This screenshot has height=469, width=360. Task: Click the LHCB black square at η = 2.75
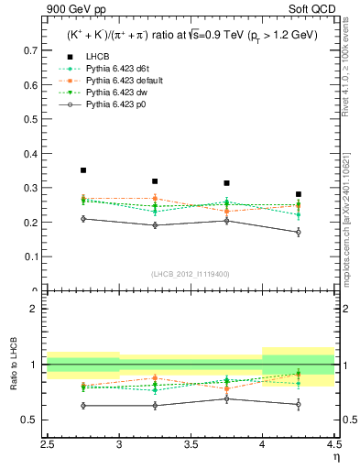pyautogui.click(x=83, y=170)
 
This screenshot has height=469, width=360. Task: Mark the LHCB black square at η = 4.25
pyautogui.click(x=299, y=194)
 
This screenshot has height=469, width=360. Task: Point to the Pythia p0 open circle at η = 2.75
pyautogui.click(x=83, y=219)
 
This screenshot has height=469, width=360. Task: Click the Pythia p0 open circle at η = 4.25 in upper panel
pyautogui.click(x=299, y=233)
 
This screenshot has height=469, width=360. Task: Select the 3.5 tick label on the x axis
pyautogui.click(x=191, y=445)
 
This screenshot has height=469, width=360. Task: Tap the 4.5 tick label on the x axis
pyautogui.click(x=333, y=445)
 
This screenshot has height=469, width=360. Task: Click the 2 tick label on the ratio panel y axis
pyautogui.click(x=37, y=309)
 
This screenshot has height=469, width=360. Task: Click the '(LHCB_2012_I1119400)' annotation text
pyautogui.click(x=190, y=274)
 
